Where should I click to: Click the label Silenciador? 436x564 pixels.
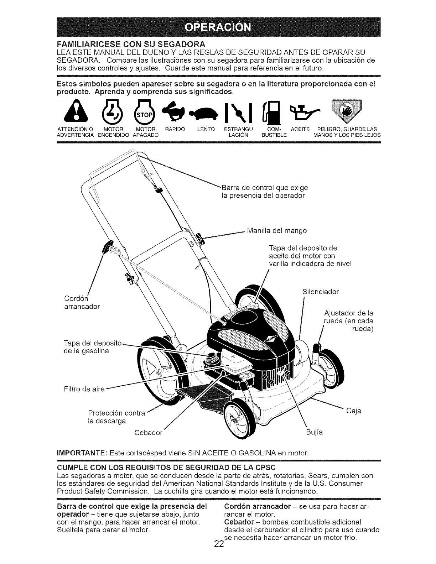point(320,292)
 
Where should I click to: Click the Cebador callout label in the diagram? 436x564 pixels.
point(149,433)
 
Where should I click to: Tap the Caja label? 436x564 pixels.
point(354,411)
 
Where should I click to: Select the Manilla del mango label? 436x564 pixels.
point(276,230)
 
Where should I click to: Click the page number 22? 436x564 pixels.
point(219,554)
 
